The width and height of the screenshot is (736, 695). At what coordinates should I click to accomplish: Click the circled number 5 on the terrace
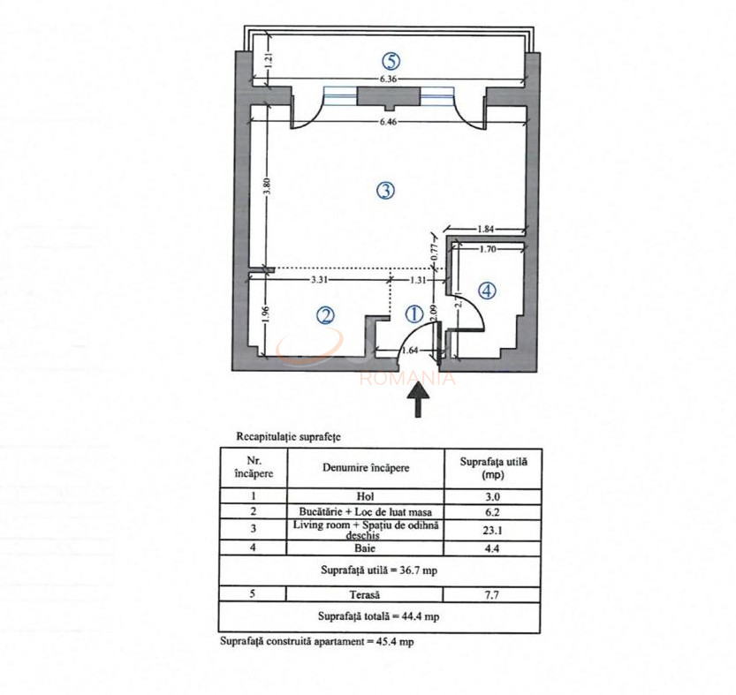point(391,61)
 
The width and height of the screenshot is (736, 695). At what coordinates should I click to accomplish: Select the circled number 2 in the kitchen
point(326,314)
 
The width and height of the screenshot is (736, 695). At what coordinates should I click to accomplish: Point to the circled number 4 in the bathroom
point(489,290)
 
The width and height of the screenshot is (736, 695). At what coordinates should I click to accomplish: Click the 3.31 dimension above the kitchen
point(320,280)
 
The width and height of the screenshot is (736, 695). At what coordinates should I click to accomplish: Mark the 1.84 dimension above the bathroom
point(486,230)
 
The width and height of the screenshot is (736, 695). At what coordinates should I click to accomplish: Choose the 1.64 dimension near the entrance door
point(410,350)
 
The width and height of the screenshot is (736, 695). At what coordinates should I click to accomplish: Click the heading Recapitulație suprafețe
point(289,436)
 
